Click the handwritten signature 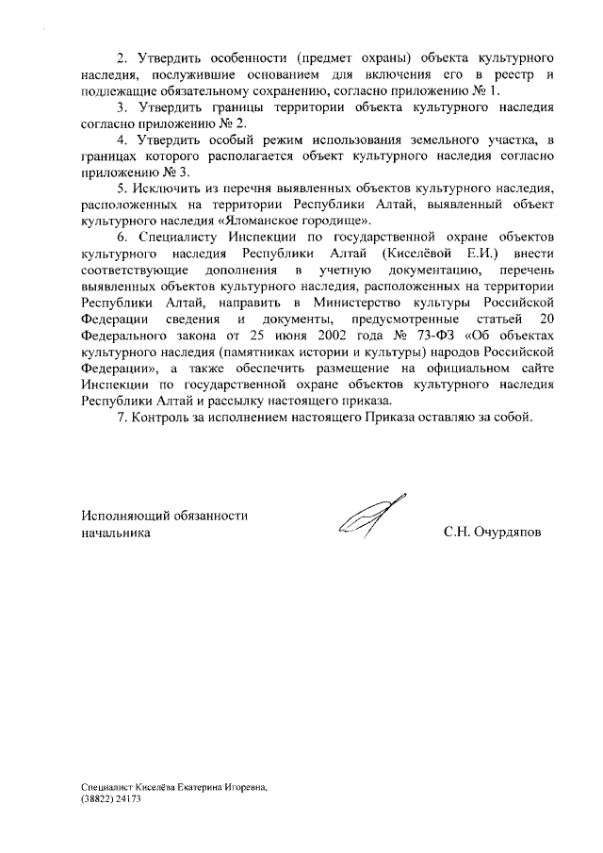click(x=374, y=517)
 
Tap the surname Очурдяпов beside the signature click(x=493, y=533)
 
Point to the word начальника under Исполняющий click(x=116, y=533)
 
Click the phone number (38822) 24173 click(x=111, y=797)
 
